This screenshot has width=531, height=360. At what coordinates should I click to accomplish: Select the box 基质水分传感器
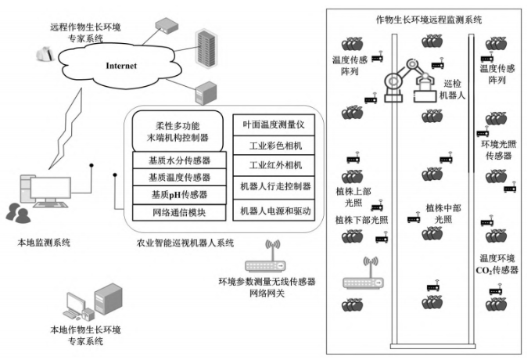click(x=178, y=161)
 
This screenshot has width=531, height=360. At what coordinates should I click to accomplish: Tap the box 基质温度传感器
click(x=178, y=178)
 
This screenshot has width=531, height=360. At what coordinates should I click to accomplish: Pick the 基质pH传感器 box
click(x=178, y=194)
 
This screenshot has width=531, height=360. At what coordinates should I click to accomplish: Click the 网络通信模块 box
click(x=178, y=211)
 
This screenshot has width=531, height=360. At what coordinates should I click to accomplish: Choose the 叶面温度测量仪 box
click(x=274, y=123)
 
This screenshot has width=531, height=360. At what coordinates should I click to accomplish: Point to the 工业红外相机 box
click(x=274, y=166)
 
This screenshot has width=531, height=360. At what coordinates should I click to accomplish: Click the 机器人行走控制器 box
click(x=274, y=188)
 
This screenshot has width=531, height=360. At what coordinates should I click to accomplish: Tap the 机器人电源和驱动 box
click(x=274, y=210)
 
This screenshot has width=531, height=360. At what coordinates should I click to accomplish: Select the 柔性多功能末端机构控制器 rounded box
click(x=179, y=130)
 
